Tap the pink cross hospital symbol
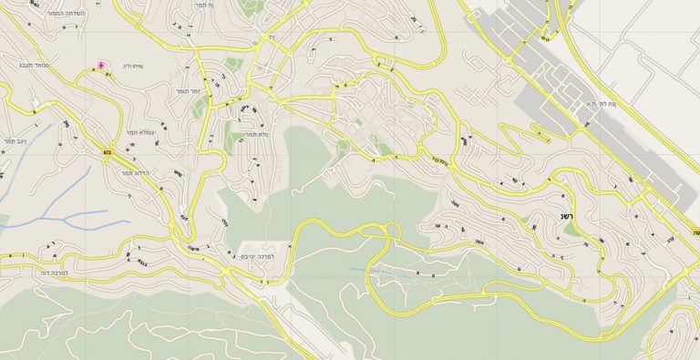100,67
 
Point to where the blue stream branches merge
66,219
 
